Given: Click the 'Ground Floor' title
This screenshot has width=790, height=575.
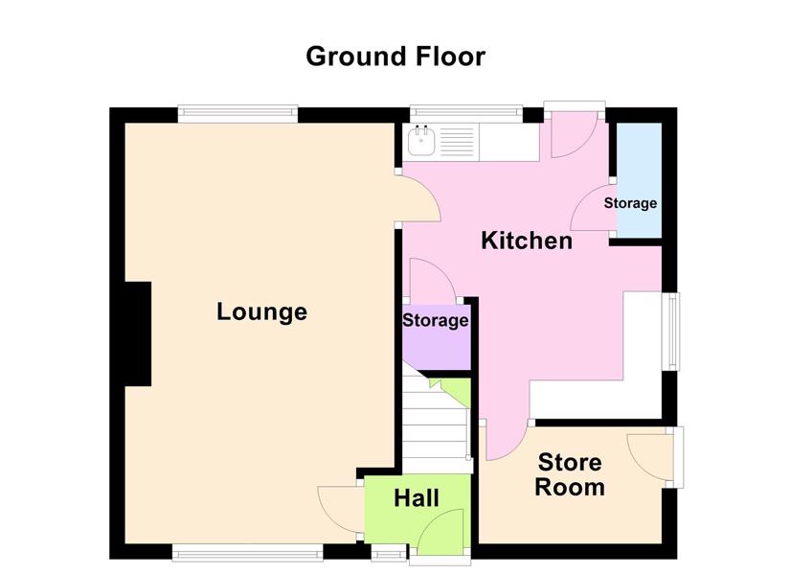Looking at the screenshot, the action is [x=395, y=57].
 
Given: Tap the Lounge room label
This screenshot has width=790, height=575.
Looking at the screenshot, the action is [x=262, y=312].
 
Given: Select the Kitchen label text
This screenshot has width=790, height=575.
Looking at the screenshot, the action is [x=527, y=241].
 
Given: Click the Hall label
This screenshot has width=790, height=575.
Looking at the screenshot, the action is [x=417, y=498].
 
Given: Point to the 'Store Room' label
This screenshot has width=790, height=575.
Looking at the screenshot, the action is [x=570, y=474].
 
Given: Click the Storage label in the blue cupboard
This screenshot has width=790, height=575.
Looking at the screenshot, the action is [x=630, y=203].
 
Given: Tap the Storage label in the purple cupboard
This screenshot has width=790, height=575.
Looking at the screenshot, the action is [x=436, y=321].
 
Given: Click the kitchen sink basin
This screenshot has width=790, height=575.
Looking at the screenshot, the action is [x=421, y=141].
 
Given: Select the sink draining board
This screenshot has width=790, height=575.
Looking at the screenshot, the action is [x=458, y=142].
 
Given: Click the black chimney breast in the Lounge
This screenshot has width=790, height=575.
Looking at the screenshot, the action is [x=138, y=333].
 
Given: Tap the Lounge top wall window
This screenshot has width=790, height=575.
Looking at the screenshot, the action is [x=237, y=114].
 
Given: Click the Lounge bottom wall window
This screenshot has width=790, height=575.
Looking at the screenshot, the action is [x=247, y=552].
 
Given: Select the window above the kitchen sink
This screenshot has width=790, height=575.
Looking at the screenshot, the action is [x=466, y=114].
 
